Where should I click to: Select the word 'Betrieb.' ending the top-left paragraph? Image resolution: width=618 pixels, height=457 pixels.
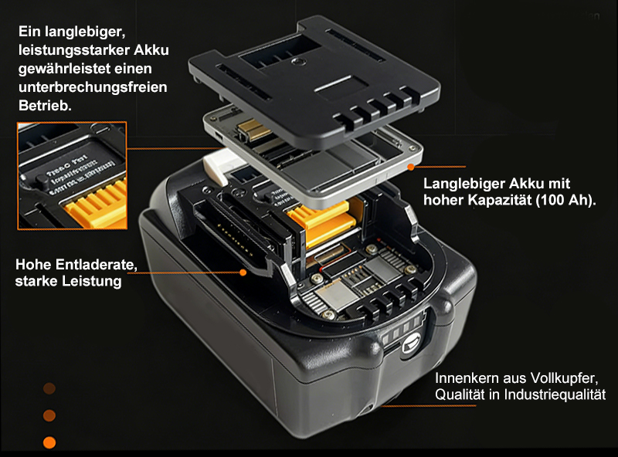pyautogui.click(x=44, y=105)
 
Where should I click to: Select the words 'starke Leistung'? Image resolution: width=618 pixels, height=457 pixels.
pyautogui.click(x=69, y=282)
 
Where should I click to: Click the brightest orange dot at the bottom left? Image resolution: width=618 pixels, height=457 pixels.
pyautogui.click(x=49, y=442)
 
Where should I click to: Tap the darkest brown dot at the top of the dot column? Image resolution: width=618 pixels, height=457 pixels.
pyautogui.click(x=49, y=388)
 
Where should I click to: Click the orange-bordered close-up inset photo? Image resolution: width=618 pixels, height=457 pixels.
pyautogui.click(x=72, y=175)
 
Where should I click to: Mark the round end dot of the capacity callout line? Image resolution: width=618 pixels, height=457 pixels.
pyautogui.click(x=414, y=165)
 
